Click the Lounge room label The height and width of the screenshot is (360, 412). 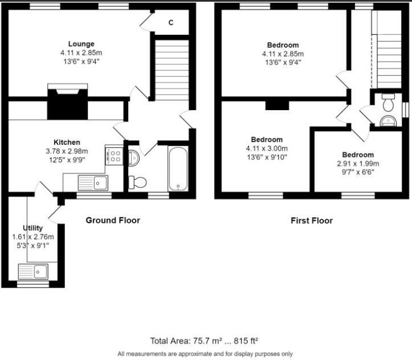coord(81,44)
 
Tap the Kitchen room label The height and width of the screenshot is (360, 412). coord(67,142)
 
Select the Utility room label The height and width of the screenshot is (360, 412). coord(33,228)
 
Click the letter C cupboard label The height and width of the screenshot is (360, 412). coord(171,23)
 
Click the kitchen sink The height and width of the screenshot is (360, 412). coord(93,183)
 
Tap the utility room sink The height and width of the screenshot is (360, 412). coord(34,270)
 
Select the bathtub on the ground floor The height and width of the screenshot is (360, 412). coord(178,168)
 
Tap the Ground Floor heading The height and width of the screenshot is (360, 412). coord(112,220)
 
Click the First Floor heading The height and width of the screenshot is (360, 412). coord(311,220)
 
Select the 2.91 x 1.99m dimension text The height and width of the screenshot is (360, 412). coord(358,163)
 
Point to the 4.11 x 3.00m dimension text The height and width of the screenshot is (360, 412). coord(267,148)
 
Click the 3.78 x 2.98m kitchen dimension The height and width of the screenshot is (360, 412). coord(67,151)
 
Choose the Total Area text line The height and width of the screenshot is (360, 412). coord(204,341)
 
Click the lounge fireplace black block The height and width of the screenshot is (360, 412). coord(67,106)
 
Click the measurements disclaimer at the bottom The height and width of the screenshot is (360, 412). coord(205,353)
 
